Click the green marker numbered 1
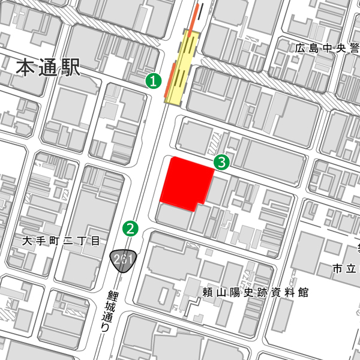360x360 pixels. point(154,80)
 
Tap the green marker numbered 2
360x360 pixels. point(130,228)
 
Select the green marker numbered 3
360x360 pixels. point(222,161)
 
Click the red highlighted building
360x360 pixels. point(187,183)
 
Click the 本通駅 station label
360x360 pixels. point(48,67)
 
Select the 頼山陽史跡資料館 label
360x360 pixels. point(255,293)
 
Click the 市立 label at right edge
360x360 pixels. point(346,268)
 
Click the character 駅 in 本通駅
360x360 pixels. point(70,67)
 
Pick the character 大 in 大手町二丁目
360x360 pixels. point(26,242)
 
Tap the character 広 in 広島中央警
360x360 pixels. point(300,49)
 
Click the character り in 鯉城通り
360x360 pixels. point(106,329)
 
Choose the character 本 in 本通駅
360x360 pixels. point(26,67)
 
